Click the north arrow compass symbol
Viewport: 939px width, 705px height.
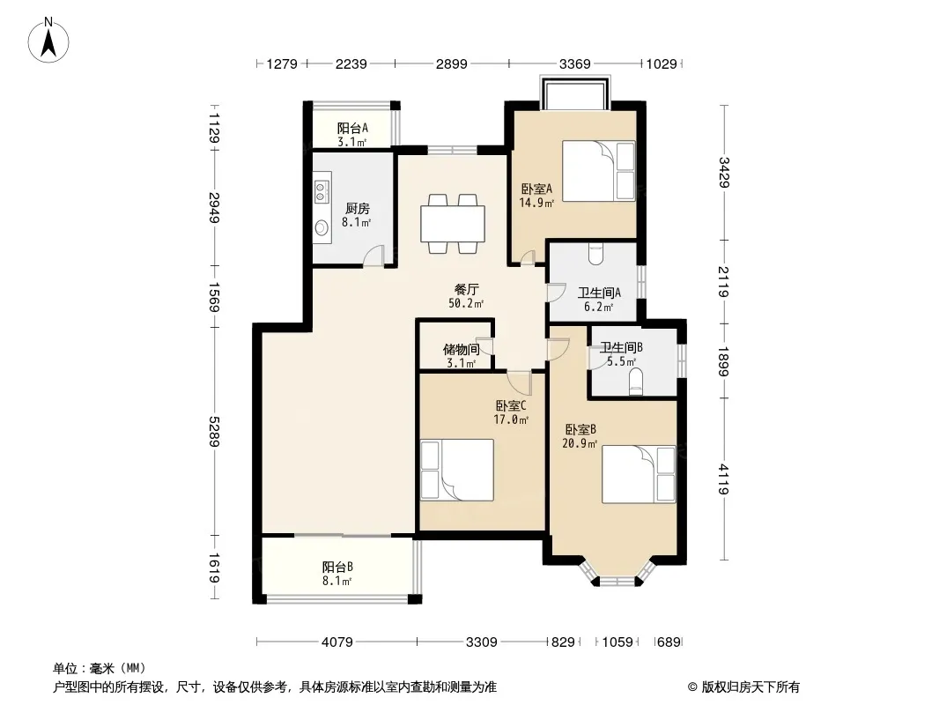pyautogui.click(x=48, y=41)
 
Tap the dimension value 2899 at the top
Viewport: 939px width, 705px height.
pyautogui.click(x=451, y=63)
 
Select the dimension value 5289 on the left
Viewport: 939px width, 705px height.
pyautogui.click(x=214, y=430)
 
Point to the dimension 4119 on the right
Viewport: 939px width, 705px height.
pyautogui.click(x=723, y=479)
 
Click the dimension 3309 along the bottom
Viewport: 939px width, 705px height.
pyautogui.click(x=482, y=642)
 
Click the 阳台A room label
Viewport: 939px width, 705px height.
pyautogui.click(x=352, y=128)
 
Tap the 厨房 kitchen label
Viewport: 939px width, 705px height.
pyautogui.click(x=358, y=209)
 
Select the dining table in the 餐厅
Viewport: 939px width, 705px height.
pyautogui.click(x=453, y=224)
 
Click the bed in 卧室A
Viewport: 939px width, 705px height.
pyautogui.click(x=599, y=171)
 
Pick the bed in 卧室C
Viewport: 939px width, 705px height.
pyautogui.click(x=457, y=471)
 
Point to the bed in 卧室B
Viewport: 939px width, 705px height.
pyautogui.click(x=639, y=474)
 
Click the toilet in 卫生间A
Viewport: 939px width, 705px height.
pyautogui.click(x=595, y=254)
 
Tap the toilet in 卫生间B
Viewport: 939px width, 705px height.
pyautogui.click(x=636, y=382)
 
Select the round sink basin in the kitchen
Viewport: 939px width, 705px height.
pyautogui.click(x=322, y=227)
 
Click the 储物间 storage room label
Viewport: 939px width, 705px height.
pyautogui.click(x=461, y=349)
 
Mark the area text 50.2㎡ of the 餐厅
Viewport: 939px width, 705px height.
pyautogui.click(x=466, y=304)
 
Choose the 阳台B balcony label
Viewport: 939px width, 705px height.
pyautogui.click(x=337, y=567)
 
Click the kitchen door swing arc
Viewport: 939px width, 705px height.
pyautogui.click(x=373, y=256)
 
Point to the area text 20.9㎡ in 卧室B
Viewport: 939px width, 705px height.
pyautogui.click(x=580, y=444)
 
